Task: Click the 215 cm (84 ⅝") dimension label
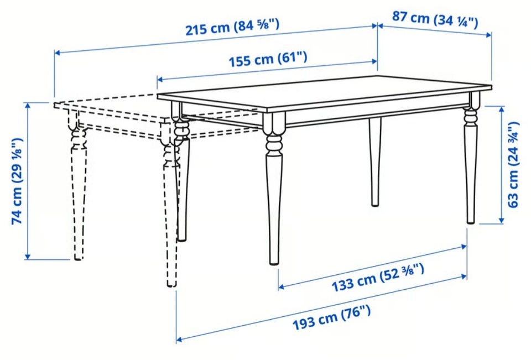pyautogui.click(x=232, y=27)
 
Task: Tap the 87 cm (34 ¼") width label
pyautogui.click(x=435, y=20)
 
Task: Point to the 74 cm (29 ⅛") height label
pyautogui.click(x=17, y=181)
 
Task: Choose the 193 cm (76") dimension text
pyautogui.click(x=331, y=317)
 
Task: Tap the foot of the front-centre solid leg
pyautogui.click(x=274, y=261)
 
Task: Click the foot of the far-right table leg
pyautogui.click(x=471, y=221)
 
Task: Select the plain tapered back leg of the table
pyautogui.click(x=375, y=161)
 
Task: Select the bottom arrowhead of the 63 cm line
pyautogui.click(x=502, y=221)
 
